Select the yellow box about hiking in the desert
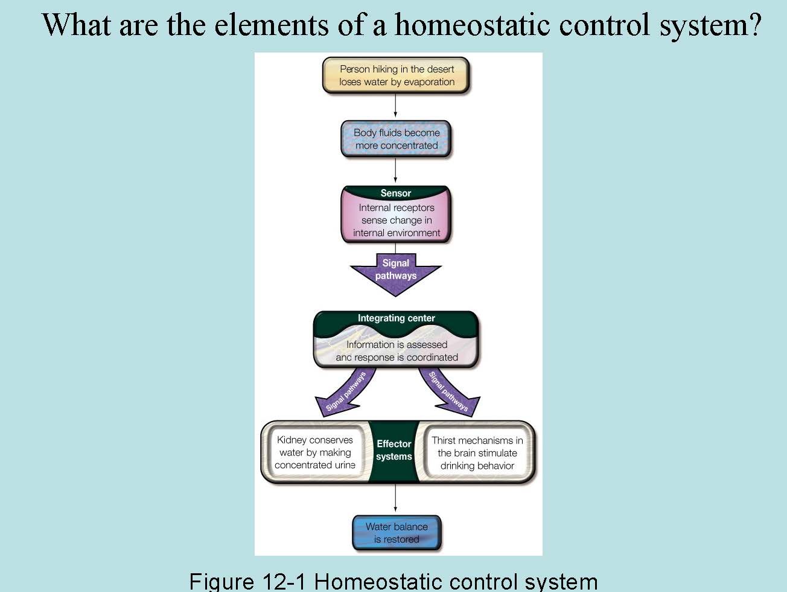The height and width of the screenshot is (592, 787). pyautogui.click(x=396, y=76)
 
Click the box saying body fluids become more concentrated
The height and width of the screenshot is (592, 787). pyautogui.click(x=396, y=139)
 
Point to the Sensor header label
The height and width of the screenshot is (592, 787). pyautogui.click(x=396, y=193)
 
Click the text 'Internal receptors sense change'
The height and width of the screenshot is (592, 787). pyautogui.click(x=397, y=214)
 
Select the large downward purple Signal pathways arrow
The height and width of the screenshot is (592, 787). pyautogui.click(x=396, y=273)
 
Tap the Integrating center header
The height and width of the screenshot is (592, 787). pyautogui.click(x=396, y=318)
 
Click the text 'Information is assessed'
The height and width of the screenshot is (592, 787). pyautogui.click(x=397, y=344)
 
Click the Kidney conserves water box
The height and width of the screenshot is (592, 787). pyautogui.click(x=314, y=452)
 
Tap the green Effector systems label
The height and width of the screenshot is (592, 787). pyautogui.click(x=393, y=451)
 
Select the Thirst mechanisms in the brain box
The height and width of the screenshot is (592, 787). pyautogui.click(x=477, y=452)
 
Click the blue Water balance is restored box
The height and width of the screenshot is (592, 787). pyautogui.click(x=396, y=533)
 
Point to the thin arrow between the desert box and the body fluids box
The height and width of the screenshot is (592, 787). pyautogui.click(x=395, y=106)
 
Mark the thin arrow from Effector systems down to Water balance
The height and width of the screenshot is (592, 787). pyautogui.click(x=395, y=498)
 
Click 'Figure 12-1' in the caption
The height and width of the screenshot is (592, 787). pyautogui.click(x=249, y=581)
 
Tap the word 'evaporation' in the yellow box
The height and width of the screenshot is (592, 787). pyautogui.click(x=429, y=82)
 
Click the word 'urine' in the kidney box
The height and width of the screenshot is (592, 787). pyautogui.click(x=345, y=465)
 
